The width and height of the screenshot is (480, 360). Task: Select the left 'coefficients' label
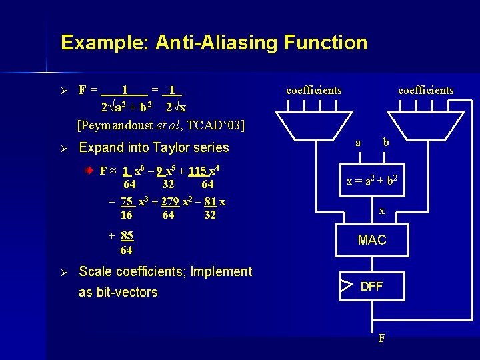coord(313,90)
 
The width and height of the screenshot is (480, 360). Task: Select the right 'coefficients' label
coord(425,90)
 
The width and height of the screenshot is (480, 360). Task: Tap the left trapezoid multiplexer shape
coord(313,123)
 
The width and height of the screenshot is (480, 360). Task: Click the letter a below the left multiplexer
coord(358,142)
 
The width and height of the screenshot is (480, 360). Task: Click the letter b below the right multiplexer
coord(385,142)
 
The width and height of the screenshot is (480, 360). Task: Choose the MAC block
coord(372,240)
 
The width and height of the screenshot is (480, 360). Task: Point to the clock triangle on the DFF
coord(345,287)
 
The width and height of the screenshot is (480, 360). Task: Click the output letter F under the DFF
coord(381,337)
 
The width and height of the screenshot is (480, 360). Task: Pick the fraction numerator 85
coord(127,235)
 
